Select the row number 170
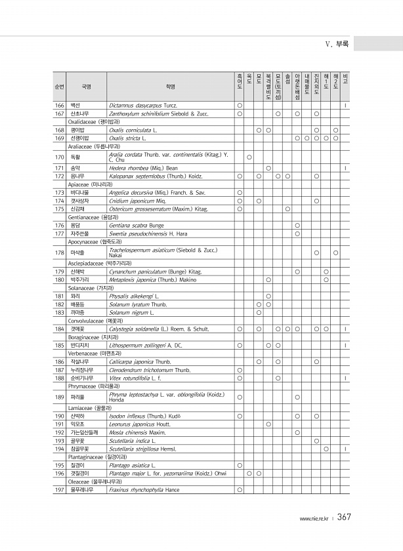59,157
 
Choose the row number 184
59,329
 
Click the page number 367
345,518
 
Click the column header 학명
171,86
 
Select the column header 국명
86,86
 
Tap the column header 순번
59,86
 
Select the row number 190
59,416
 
